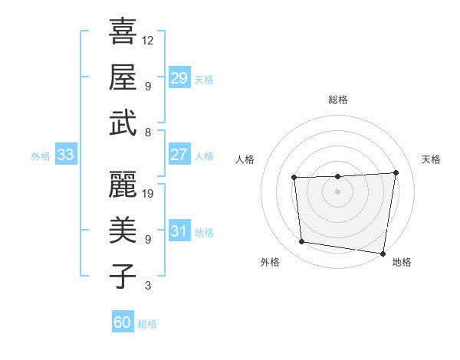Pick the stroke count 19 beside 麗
[x=149, y=193]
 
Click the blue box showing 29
[x=179, y=78]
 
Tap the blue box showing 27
[x=179, y=155]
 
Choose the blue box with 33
[x=65, y=155]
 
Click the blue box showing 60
[x=122, y=322]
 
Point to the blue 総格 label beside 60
[x=147, y=324]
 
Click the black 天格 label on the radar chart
[x=431, y=159]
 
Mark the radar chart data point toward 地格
[x=383, y=253]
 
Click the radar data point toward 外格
[x=302, y=242]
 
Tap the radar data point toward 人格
[x=294, y=178]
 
